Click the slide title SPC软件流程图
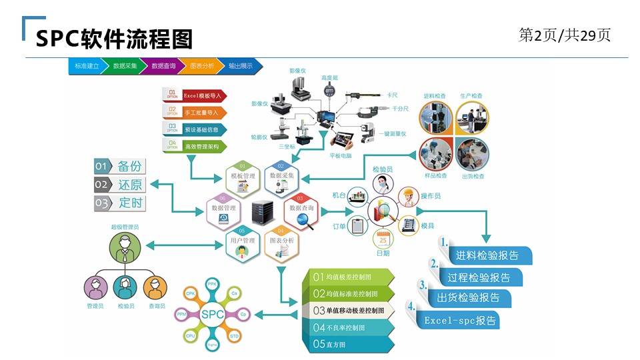pyautogui.click(x=114, y=39)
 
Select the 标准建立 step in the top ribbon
pyautogui.click(x=85, y=66)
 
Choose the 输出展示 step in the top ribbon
pyautogui.click(x=241, y=66)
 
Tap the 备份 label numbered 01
pyautogui.click(x=120, y=167)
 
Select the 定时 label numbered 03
pyautogui.click(x=120, y=203)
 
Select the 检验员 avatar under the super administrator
pyautogui.click(x=125, y=288)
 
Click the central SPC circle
pyautogui.click(x=212, y=314)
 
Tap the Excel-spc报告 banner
pyautogui.click(x=460, y=321)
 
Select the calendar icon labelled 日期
pyautogui.click(x=383, y=239)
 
